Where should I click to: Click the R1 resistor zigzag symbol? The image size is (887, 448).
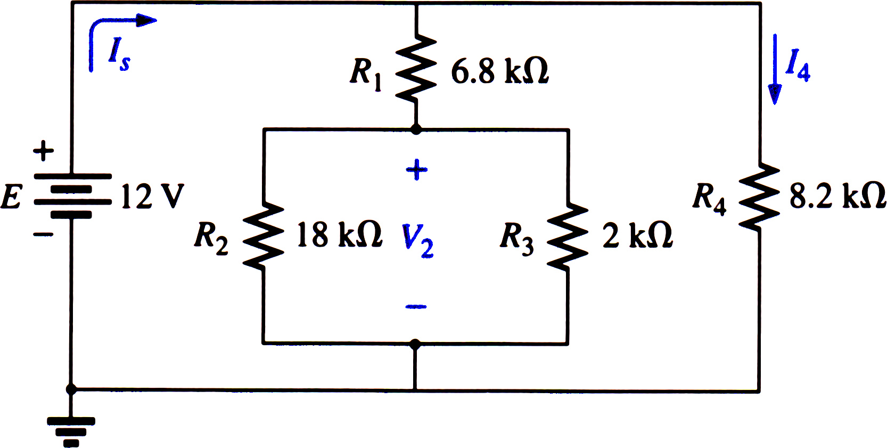click(x=416, y=68)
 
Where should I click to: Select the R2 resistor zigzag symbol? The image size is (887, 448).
click(x=263, y=235)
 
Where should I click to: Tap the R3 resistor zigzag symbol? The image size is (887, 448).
click(x=568, y=237)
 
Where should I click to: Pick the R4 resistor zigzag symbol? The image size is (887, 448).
click(x=759, y=197)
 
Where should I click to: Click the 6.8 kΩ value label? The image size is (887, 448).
click(x=500, y=72)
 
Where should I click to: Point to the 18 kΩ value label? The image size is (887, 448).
click(x=339, y=234)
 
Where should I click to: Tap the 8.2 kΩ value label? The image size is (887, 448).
click(x=837, y=196)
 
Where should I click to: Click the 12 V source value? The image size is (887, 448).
click(x=152, y=196)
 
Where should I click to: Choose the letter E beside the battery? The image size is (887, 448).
click(x=11, y=197)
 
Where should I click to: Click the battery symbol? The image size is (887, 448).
click(x=72, y=196)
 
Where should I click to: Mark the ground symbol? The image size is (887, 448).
click(x=71, y=432)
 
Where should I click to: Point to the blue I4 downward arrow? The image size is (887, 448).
click(x=775, y=69)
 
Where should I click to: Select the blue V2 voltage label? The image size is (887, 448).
click(x=417, y=241)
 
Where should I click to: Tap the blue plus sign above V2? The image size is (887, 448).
click(x=416, y=170)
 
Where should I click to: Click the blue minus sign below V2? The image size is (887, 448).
click(x=416, y=306)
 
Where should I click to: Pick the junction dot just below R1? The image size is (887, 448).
click(x=416, y=129)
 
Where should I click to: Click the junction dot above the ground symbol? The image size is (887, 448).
click(x=71, y=390)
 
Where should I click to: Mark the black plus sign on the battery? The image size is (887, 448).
click(x=43, y=151)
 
